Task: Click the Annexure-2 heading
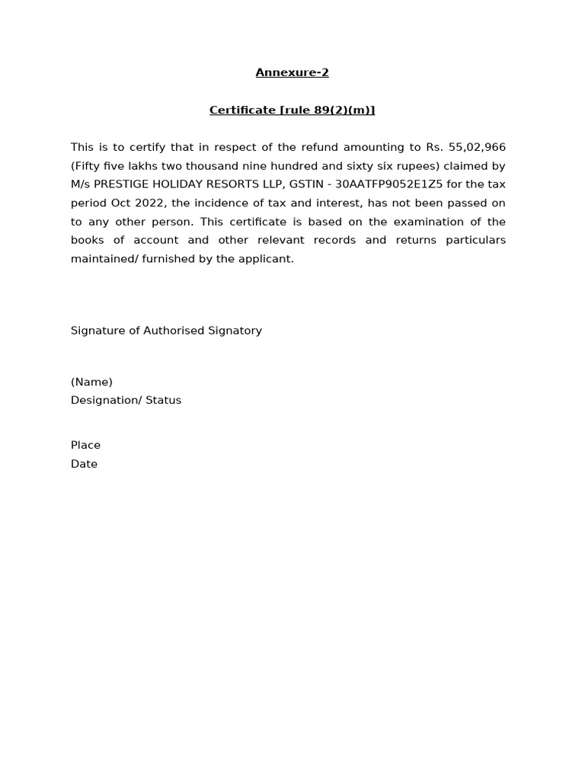(292, 73)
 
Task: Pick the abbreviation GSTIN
(306, 184)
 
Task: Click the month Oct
(122, 203)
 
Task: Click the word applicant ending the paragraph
(267, 259)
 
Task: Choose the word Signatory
(235, 331)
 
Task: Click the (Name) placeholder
(91, 382)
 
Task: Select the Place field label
(85, 446)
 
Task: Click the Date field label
(84, 464)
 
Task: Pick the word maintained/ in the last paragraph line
(104, 259)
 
